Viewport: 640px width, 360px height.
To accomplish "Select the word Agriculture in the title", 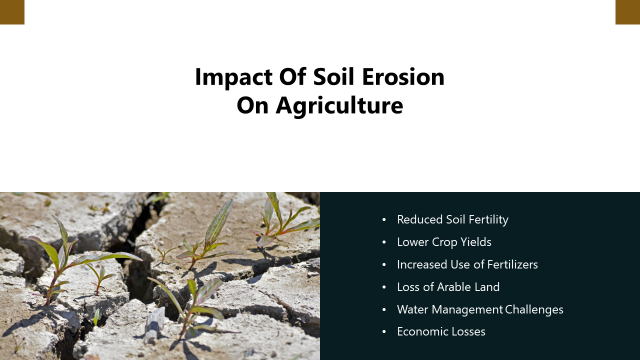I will click(339, 105).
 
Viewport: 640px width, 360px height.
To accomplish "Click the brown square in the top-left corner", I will click(12, 12).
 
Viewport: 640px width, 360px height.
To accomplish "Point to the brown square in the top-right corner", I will click(627, 12).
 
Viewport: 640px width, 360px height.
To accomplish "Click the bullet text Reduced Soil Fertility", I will click(452, 219).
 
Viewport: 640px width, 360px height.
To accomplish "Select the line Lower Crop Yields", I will click(444, 242).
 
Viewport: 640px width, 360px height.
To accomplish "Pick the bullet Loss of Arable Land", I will click(448, 287).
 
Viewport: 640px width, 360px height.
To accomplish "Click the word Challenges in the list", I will click(534, 309).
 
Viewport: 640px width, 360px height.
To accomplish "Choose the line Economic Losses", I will click(441, 331).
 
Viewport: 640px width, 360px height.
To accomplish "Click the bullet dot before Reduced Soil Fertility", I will click(384, 220).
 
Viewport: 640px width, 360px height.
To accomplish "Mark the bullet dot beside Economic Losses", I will click(384, 332).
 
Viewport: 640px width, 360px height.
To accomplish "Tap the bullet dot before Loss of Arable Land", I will click(384, 287).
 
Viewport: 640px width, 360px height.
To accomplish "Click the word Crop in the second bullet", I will click(446, 242).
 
